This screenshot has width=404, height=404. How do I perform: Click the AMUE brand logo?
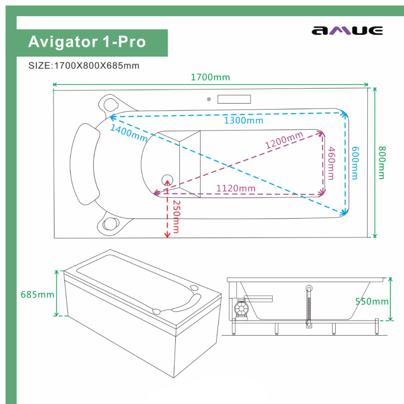(x=347, y=31)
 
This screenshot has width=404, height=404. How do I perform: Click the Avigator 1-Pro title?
(x=87, y=42)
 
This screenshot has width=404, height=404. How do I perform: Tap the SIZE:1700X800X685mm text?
(x=84, y=66)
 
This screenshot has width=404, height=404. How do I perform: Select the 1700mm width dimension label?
(x=210, y=77)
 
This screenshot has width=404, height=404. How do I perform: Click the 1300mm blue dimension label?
(x=244, y=121)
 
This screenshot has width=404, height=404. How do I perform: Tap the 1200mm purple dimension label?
(x=284, y=140)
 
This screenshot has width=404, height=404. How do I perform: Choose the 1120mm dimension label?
(x=236, y=188)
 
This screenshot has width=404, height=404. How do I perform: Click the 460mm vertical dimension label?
(x=331, y=163)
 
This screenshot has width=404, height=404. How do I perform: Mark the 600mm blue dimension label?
(x=355, y=163)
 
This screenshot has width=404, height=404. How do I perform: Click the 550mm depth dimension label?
(x=372, y=301)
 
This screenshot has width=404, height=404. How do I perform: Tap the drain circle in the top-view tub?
(x=167, y=178)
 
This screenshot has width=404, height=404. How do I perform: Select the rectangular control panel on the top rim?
(x=234, y=99)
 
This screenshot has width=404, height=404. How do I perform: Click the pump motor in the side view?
(x=241, y=308)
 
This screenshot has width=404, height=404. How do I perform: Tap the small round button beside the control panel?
(x=208, y=99)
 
